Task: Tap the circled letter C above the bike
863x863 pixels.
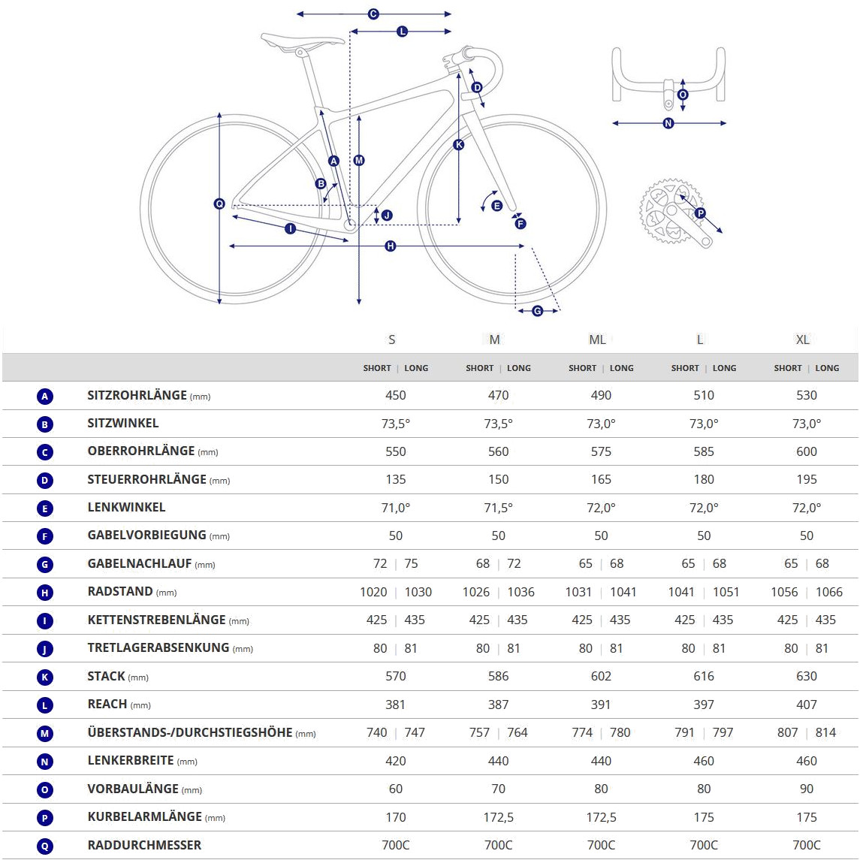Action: (373, 14)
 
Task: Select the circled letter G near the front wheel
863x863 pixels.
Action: (537, 311)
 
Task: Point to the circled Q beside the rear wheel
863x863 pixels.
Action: (219, 204)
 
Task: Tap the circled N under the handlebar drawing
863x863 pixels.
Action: (668, 123)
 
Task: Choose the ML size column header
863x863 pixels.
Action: (597, 339)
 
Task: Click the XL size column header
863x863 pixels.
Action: (803, 339)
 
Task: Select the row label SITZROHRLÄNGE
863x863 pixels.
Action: (137, 395)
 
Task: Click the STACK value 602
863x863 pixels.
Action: (601, 676)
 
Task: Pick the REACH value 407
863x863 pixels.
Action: (806, 705)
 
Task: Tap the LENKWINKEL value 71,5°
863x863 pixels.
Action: (498, 508)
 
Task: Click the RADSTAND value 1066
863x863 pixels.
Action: (828, 592)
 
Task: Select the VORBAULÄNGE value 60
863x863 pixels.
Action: (396, 789)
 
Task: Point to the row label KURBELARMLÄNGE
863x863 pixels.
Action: (144, 816)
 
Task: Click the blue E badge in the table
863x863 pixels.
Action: (45, 508)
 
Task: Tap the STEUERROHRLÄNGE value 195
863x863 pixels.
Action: (806, 479)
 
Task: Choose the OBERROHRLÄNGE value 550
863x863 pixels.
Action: (396, 451)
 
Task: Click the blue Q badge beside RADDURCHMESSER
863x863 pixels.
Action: (45, 846)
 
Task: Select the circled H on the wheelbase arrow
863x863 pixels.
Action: (390, 246)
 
